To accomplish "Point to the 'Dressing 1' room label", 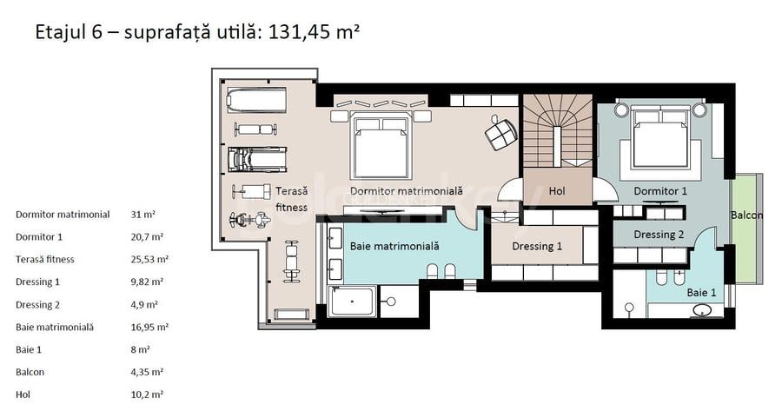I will pyautogui.click(x=536, y=246).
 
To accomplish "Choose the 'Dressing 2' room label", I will pyautogui.click(x=659, y=234).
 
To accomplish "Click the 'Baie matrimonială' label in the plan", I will pyautogui.click(x=394, y=246).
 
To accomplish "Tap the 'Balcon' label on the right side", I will pyautogui.click(x=746, y=215).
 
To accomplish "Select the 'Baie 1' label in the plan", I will pyautogui.click(x=701, y=293).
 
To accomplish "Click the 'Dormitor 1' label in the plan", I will pyautogui.click(x=660, y=190).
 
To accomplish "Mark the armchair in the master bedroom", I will pyautogui.click(x=500, y=132).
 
